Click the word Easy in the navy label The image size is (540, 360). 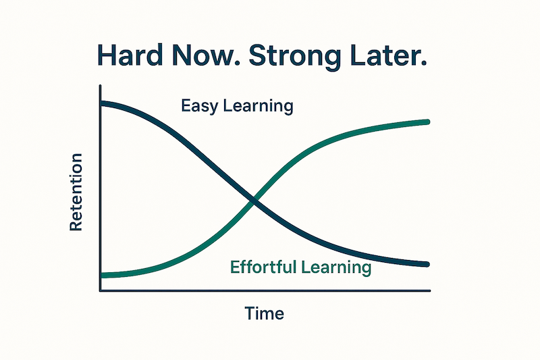(198, 107)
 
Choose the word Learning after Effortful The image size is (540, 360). (337, 267)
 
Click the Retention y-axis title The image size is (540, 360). (76, 192)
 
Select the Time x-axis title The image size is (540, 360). (264, 313)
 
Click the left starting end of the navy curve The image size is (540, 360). (102, 103)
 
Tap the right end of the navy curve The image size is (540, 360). (427, 264)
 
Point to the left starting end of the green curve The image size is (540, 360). (102, 275)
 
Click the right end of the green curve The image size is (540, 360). (427, 122)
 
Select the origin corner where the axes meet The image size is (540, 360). (100, 290)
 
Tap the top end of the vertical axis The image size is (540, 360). (100, 86)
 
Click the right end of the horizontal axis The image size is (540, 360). (429, 290)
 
